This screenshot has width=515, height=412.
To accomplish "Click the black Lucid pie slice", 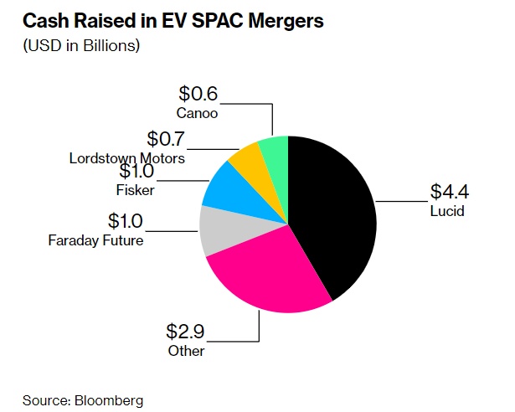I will (331, 214).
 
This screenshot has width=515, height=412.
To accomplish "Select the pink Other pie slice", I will (268, 272).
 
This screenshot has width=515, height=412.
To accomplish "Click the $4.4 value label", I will (449, 192).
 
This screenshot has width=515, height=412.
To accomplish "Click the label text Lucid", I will (447, 211).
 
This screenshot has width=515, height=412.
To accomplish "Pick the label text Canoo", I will (198, 111).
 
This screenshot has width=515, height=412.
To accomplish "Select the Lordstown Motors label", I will (128, 157).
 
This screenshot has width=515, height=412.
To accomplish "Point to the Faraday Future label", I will (95, 241).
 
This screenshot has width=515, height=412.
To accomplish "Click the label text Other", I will (186, 351).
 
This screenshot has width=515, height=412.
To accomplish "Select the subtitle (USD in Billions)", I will (80, 44).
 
